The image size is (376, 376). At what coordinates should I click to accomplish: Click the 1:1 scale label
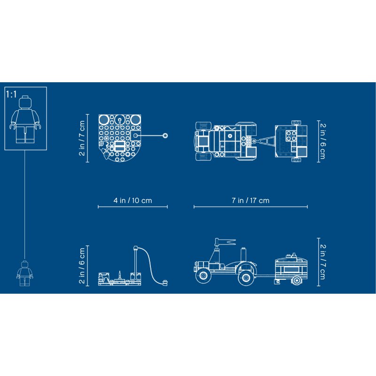pos(11,94)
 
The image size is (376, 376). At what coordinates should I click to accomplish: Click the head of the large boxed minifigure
pos(25,102)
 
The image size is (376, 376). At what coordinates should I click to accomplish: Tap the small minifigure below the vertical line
pos(25,274)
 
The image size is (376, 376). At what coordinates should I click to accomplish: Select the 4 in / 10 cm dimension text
pos(133,200)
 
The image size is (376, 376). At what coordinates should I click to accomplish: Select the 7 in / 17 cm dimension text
pos(251,200)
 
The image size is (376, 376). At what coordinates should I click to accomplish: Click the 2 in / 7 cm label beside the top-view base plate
pos(82,138)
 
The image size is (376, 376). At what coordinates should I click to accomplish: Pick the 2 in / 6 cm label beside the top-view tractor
pos(322,141)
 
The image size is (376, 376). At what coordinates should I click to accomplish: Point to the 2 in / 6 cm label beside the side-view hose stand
pos(82,266)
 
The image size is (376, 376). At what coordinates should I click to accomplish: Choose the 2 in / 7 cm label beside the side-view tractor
pos(322,262)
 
